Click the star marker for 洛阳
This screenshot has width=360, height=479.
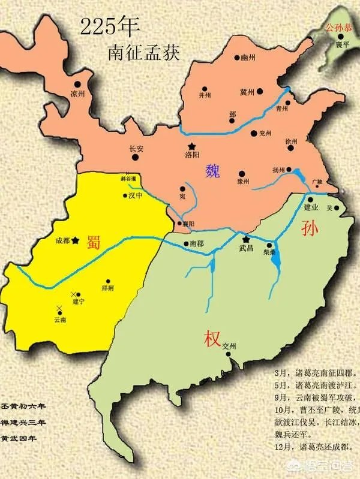click(x=191, y=146)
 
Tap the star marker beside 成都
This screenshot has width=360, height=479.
click(x=76, y=240)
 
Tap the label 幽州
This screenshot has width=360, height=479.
click(x=248, y=58)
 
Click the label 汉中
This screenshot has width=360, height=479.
click(x=136, y=195)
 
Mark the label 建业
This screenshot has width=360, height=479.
click(x=311, y=207)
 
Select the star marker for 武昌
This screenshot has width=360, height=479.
click(x=245, y=238)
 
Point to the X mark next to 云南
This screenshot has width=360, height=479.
click(x=59, y=308)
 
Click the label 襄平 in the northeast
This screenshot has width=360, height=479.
click(x=342, y=44)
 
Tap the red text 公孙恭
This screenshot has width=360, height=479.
click(x=337, y=28)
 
